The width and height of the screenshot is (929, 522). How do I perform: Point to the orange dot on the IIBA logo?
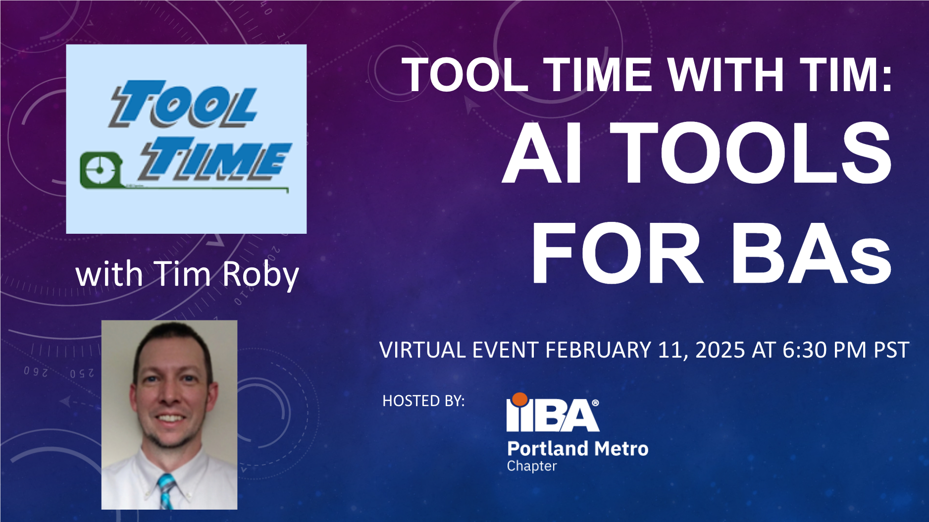point(519,399)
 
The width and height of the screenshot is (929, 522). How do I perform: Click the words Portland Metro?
point(577,449)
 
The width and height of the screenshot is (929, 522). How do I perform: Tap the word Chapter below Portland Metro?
point(532,466)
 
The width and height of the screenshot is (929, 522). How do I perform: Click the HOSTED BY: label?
point(423,401)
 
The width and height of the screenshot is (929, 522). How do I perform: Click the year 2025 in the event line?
point(720,350)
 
